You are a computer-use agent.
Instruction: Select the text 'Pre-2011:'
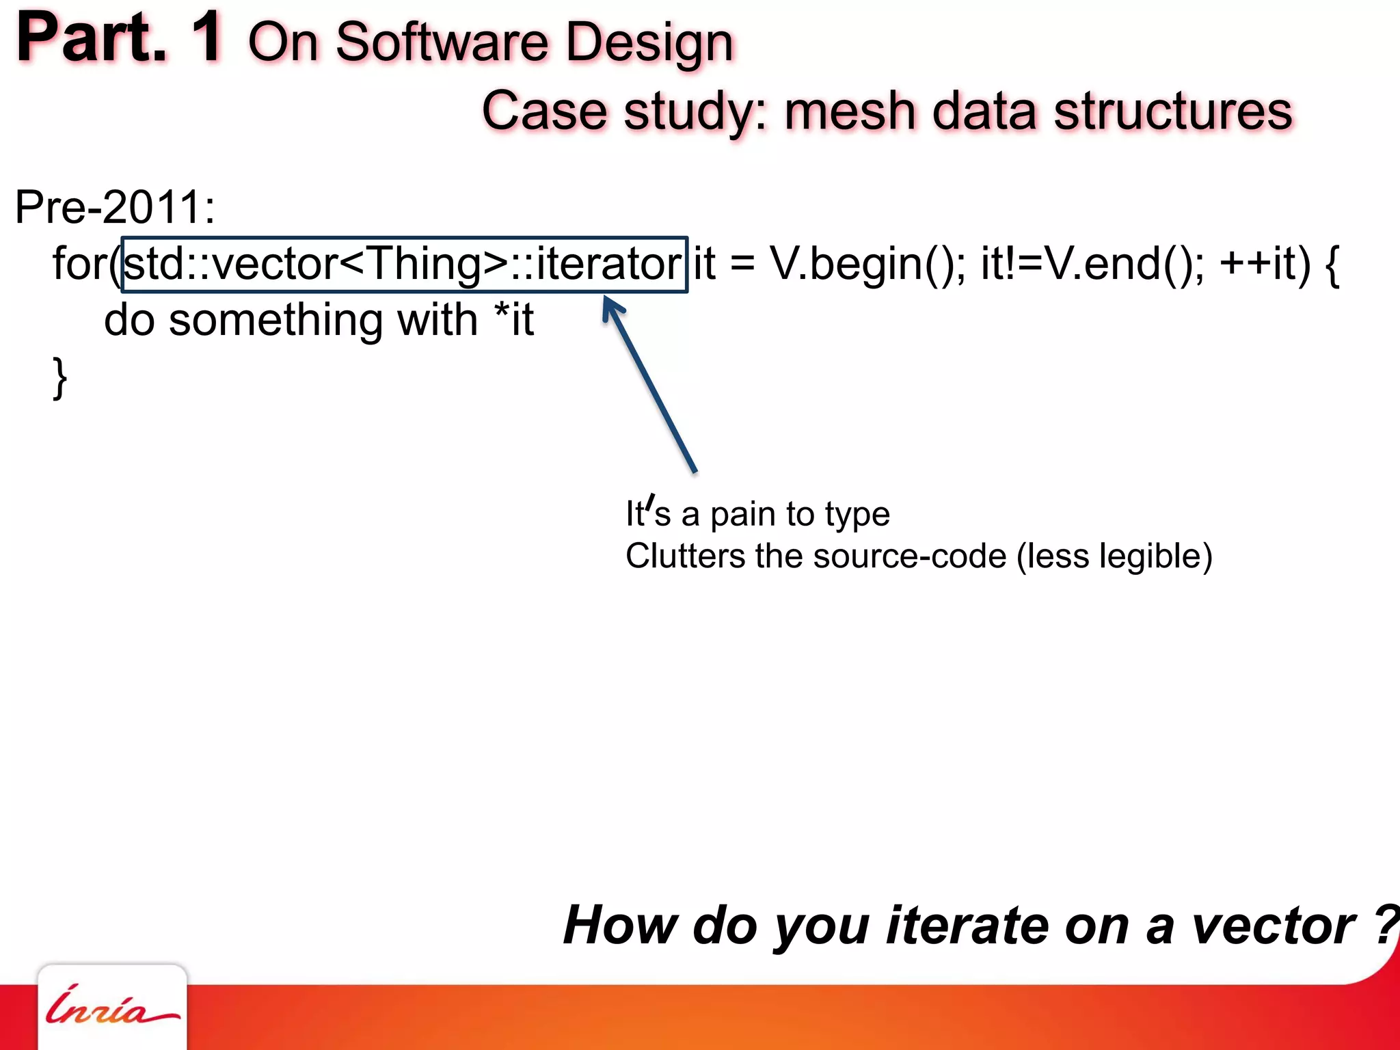click(x=115, y=207)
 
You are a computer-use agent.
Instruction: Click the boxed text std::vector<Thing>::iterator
click(x=404, y=265)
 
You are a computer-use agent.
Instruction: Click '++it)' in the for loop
click(x=1265, y=265)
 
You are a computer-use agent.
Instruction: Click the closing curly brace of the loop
click(x=60, y=377)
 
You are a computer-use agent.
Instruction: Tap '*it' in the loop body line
click(x=513, y=319)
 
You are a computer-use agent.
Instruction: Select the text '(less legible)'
click(x=1114, y=556)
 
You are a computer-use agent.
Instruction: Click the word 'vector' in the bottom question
click(x=1273, y=926)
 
